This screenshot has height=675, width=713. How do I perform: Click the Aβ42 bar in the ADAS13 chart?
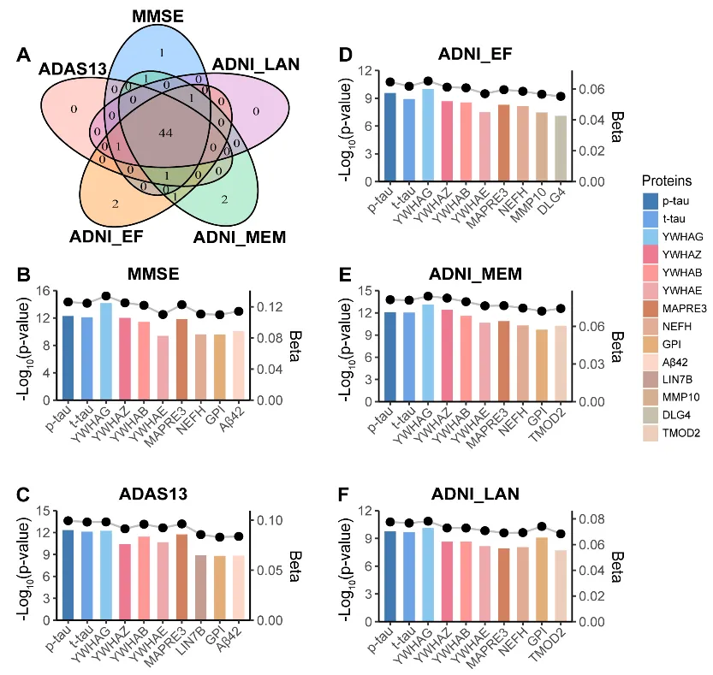click(x=238, y=588)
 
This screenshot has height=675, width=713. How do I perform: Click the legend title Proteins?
click(x=667, y=181)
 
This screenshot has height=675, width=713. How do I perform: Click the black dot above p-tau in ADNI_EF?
click(x=390, y=82)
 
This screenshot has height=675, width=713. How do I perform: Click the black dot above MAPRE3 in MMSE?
click(x=181, y=305)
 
